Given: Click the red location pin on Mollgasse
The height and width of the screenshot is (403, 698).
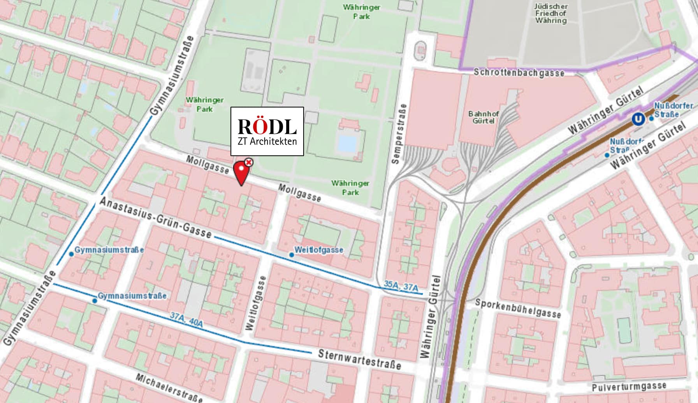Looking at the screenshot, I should pyautogui.click(x=241, y=173).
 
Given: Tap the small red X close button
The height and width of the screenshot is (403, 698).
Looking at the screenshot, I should pyautogui.click(x=248, y=162).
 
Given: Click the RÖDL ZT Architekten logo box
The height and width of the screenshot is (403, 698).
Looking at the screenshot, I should pyautogui.click(x=267, y=132).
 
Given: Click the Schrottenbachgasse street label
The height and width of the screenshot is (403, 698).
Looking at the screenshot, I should pyautogui.click(x=519, y=73).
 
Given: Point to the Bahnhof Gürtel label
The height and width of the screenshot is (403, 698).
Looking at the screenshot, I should pyautogui.click(x=484, y=117).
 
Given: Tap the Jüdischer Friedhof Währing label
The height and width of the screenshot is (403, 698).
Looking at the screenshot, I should pyautogui.click(x=550, y=13).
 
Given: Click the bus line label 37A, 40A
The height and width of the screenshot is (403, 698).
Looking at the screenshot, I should pyautogui.click(x=186, y=319).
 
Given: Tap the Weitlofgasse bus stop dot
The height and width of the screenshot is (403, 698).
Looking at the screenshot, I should pyautogui.click(x=292, y=255).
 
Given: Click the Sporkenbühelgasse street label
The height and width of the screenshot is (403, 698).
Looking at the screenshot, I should pyautogui.click(x=518, y=308).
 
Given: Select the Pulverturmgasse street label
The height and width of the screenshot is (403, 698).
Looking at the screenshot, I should pyautogui.click(x=629, y=387).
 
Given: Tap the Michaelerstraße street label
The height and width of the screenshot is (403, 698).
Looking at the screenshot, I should pyautogui.click(x=169, y=388).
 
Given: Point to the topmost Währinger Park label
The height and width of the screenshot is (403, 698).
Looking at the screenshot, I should pyautogui.click(x=361, y=12).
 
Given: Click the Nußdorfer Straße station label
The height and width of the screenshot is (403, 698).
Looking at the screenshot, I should pyautogui.click(x=673, y=110).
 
